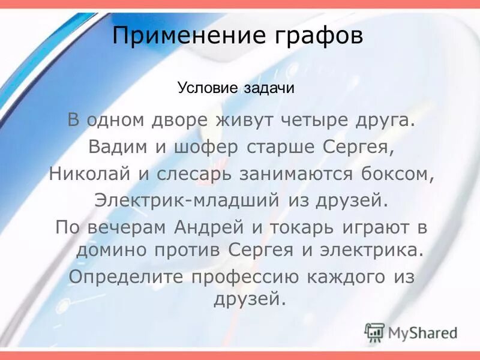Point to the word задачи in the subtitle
coord(269,88)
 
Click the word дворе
coord(181,119)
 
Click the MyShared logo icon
coord(374,331)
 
